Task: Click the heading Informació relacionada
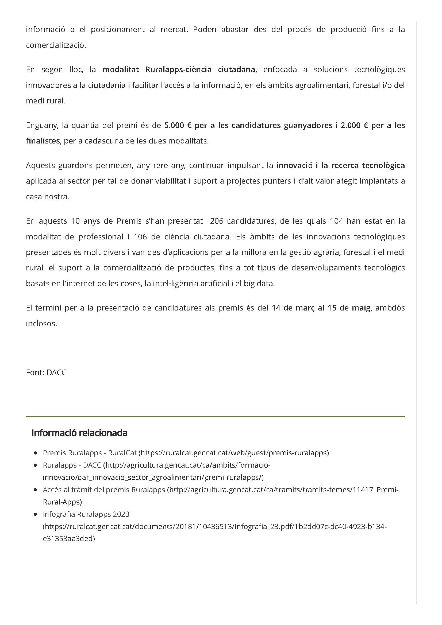click(79, 433)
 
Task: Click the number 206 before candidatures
click(217, 221)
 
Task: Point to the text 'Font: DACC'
click(46, 372)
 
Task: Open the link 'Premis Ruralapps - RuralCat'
click(90, 453)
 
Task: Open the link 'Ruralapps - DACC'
click(72, 465)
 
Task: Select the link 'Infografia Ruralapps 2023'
click(86, 514)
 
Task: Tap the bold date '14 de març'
click(294, 308)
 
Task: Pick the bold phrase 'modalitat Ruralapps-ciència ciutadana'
click(179, 70)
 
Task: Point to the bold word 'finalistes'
click(43, 141)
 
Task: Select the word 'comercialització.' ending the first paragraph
click(56, 45)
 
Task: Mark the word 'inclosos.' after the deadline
click(41, 324)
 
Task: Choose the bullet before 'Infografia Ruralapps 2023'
click(35, 514)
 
